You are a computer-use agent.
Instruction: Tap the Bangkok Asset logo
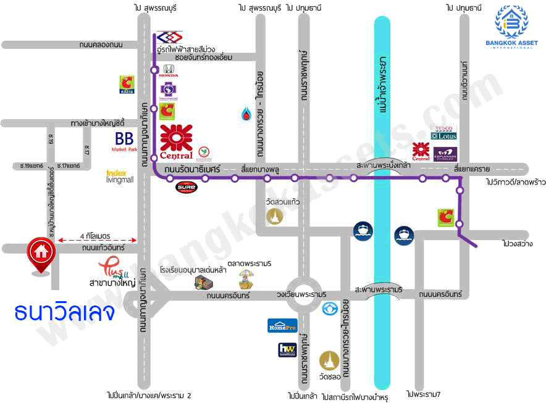coord(516,28)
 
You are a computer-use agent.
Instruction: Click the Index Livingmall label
coord(120,177)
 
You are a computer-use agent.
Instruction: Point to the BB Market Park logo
coord(124,141)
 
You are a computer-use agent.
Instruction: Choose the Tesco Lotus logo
coord(443,133)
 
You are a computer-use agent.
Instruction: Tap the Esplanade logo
coord(445,153)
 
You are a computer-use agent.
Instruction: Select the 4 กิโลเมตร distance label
coord(94,236)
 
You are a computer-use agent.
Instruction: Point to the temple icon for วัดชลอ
coord(329,360)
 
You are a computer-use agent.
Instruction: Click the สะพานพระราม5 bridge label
coord(379,289)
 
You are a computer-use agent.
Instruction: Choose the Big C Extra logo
coord(127,85)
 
